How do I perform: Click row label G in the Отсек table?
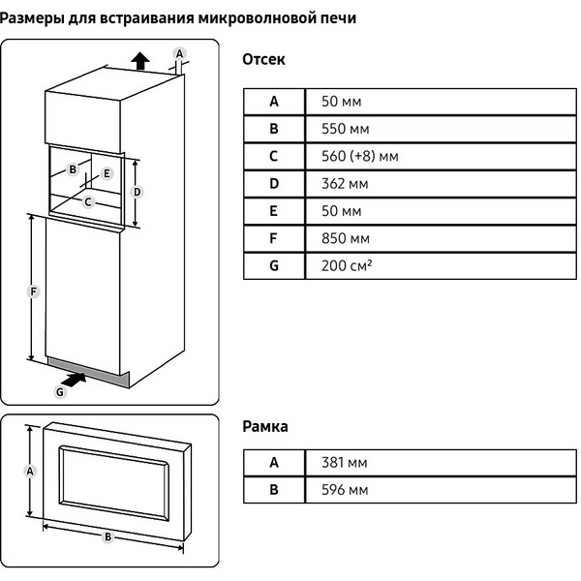[x=274, y=264]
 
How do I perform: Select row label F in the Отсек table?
[x=274, y=237]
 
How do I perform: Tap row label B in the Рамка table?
[x=274, y=490]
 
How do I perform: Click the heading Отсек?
[x=263, y=60]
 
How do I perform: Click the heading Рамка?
[x=264, y=426]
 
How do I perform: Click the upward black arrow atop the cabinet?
[x=140, y=62]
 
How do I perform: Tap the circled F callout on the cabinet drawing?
[x=34, y=290]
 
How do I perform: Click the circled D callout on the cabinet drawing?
[x=138, y=192]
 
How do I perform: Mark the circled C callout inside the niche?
[x=88, y=201]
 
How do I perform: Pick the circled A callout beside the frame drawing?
[x=31, y=471]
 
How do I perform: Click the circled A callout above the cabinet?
[x=178, y=52]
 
